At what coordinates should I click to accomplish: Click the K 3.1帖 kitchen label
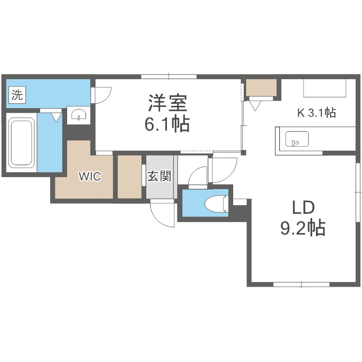pyautogui.click(x=316, y=113)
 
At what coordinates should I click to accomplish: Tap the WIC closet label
pyautogui.click(x=89, y=176)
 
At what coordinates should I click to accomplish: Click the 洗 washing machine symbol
pyautogui.click(x=17, y=95)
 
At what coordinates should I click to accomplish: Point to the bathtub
pyautogui.click(x=22, y=142)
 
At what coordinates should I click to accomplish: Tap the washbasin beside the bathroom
pyautogui.click(x=79, y=115)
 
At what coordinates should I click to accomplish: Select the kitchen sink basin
pyautogui.click(x=297, y=139)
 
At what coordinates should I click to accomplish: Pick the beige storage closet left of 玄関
pyautogui.click(x=129, y=176)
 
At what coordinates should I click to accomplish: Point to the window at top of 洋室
pyautogui.click(x=168, y=76)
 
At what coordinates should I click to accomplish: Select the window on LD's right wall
pyautogui.click(x=357, y=192)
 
